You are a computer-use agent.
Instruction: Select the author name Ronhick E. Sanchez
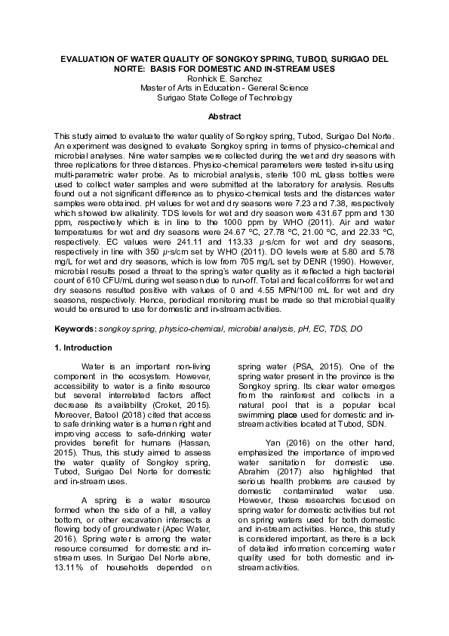tap(224, 78)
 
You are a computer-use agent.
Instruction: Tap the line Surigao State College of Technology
tap(224, 97)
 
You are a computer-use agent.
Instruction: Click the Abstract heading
tap(224, 117)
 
